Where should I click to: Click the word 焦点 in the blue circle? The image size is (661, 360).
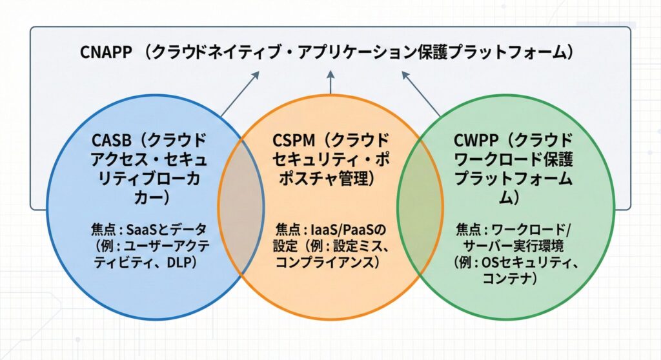tap(103, 230)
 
